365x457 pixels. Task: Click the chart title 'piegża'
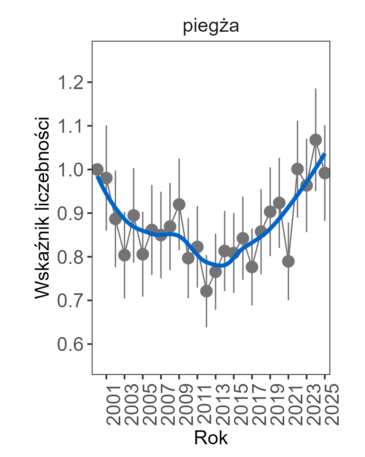(x=211, y=27)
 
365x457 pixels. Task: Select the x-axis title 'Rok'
(x=211, y=438)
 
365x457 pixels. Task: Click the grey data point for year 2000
(x=97, y=169)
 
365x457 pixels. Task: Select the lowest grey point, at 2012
(x=206, y=291)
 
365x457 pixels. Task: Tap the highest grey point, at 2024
(x=316, y=140)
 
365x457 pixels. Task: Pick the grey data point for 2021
(x=288, y=262)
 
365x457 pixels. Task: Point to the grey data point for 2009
(x=179, y=204)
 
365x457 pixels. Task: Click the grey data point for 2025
(x=325, y=173)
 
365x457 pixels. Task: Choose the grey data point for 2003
(x=125, y=255)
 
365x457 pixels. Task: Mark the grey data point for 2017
(x=252, y=267)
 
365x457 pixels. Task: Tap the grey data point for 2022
(x=297, y=169)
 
